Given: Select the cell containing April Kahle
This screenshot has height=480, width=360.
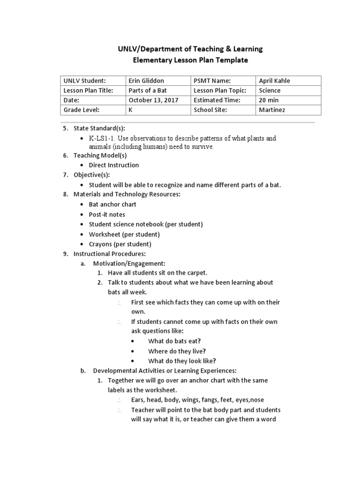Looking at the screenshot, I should pos(274,81).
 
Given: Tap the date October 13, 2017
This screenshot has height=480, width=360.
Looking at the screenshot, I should pos(153,100).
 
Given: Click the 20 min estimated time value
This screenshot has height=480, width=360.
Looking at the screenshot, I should pos(268,100).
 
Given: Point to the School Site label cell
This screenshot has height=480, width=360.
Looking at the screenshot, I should pos(210,110).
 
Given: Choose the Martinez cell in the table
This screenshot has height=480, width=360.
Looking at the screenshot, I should pos(271,110).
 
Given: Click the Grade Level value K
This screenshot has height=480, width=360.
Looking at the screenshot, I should pos(131,110).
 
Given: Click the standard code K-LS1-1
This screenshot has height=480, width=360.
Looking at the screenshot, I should pos(102,139).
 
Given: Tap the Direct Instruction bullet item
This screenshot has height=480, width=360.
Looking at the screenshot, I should pos(113,165).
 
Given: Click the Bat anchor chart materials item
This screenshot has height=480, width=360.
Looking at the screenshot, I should pos(112,204).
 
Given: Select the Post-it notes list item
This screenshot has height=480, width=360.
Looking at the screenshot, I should pos(107,214).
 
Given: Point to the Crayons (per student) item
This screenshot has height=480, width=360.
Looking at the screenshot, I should pos(120,244).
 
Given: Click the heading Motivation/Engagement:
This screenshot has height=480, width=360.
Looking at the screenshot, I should pos(129,263).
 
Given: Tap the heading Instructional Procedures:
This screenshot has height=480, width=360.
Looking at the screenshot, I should pos(110,254).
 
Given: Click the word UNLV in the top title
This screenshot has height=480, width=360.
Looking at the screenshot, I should pos(126,49).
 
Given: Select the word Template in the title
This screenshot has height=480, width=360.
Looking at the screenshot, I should pos(231,60).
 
